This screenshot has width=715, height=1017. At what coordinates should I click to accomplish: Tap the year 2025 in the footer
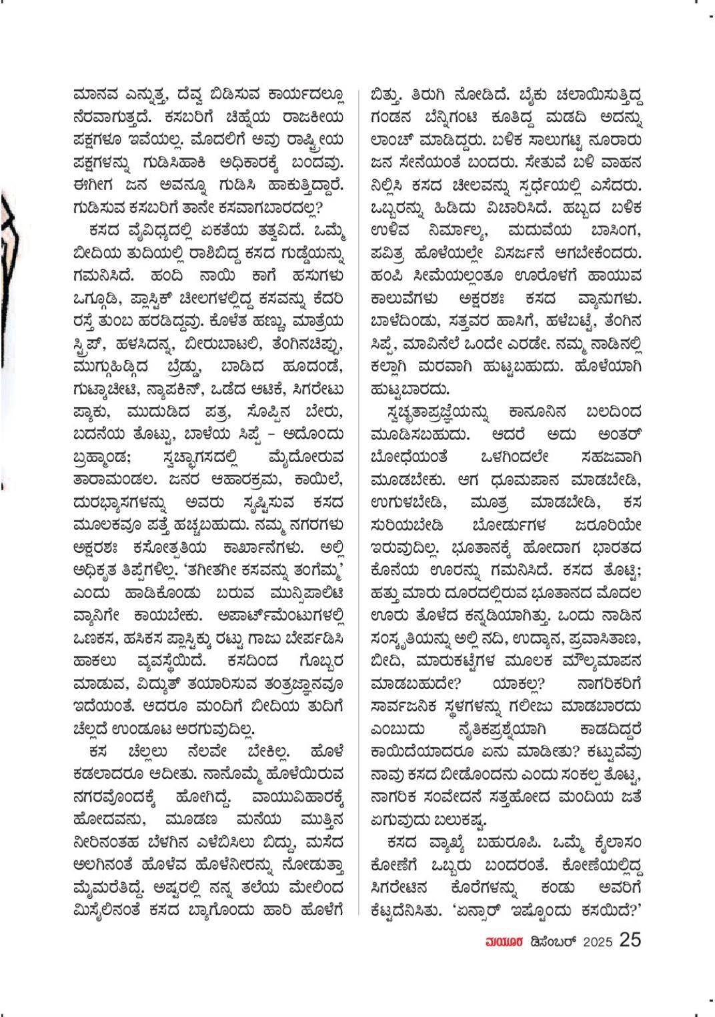[598, 942]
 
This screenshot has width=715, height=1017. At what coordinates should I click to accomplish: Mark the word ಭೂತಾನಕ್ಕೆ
[485, 548]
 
